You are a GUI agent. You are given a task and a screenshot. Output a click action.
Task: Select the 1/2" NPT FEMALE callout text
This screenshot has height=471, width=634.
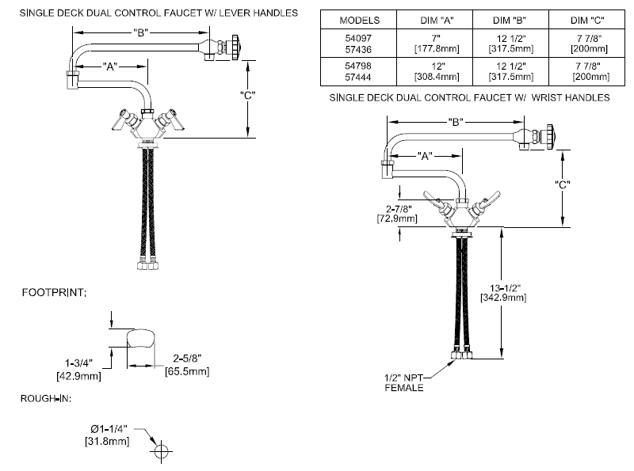[x=404, y=383]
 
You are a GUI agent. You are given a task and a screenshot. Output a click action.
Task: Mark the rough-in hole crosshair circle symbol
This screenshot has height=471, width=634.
[x=162, y=451]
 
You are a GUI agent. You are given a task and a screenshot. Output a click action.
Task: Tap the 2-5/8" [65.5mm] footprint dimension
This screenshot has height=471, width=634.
[x=186, y=365]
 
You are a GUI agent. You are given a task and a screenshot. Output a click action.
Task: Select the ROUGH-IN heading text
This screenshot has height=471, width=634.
[x=45, y=397]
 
